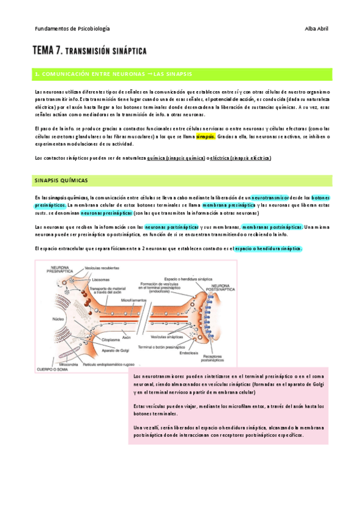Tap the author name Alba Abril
click(316, 29)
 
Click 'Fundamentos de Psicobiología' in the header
click(72, 29)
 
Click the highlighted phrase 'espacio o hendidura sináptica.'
click(268, 248)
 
